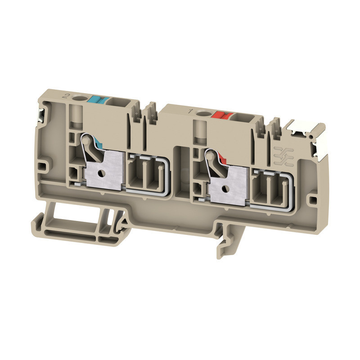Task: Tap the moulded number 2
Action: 67,84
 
